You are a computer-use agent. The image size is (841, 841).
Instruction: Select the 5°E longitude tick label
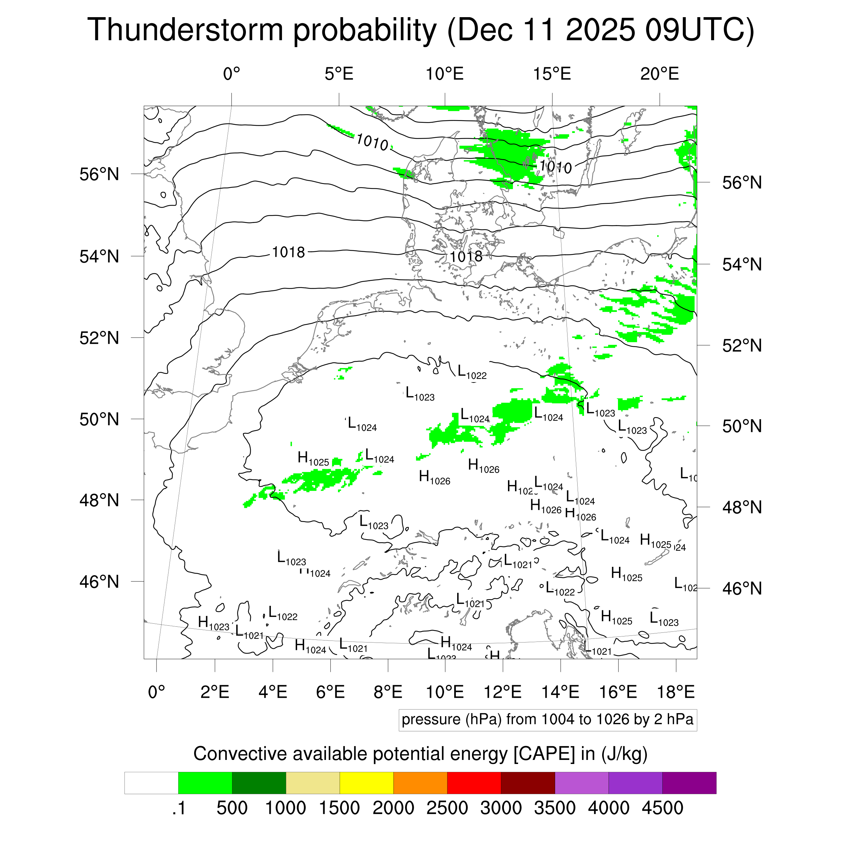339,74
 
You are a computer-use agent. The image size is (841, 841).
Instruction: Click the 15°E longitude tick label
552,74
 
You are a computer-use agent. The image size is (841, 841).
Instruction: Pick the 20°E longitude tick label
659,74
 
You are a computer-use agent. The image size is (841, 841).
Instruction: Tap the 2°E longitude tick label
215,692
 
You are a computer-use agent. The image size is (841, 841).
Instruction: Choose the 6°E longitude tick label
330,692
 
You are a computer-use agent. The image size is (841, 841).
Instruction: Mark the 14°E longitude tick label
560,692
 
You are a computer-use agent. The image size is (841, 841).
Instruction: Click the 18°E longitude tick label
675,692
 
